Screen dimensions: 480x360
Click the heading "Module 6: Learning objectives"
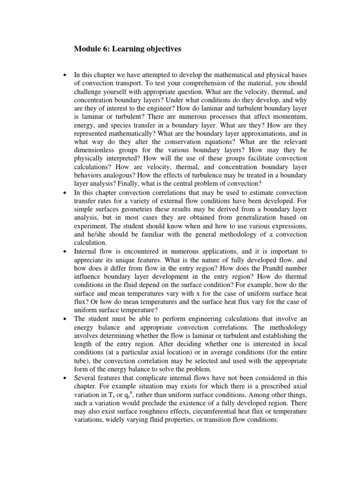pyautogui.click(x=127, y=49)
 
